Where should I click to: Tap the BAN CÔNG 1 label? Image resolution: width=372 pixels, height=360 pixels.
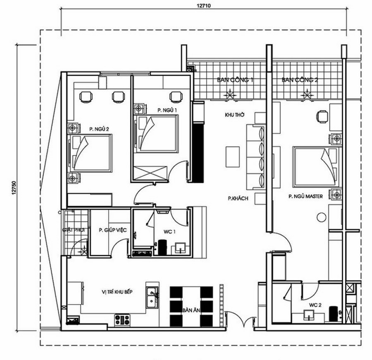235,80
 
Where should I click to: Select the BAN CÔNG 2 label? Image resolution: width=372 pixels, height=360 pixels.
300,80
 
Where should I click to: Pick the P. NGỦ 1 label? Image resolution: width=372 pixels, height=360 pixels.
167,110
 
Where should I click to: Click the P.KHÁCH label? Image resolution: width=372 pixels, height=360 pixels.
238,199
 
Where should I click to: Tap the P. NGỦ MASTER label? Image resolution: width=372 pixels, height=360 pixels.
305,198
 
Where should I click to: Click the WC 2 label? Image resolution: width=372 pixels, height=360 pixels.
315,305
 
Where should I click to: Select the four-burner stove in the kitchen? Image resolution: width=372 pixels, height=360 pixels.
123,319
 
